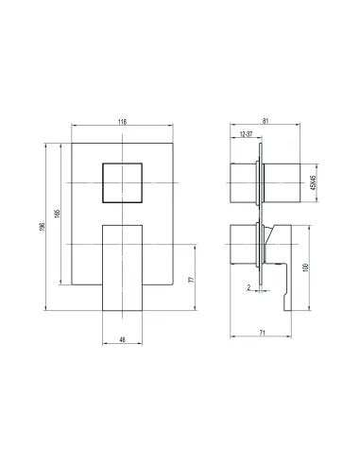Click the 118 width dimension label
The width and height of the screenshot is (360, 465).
pyautogui.click(x=122, y=122)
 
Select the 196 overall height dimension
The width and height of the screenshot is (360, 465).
pyautogui.click(x=43, y=227)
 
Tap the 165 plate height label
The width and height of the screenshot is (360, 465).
pyautogui.click(x=57, y=214)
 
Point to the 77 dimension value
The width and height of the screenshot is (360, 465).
pyautogui.click(x=191, y=280)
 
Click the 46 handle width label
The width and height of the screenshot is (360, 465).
pyautogui.click(x=123, y=339)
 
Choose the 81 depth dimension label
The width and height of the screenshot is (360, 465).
pyautogui.click(x=266, y=121)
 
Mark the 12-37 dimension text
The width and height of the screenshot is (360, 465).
pyautogui.click(x=246, y=134)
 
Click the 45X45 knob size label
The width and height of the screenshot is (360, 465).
pyautogui.click(x=313, y=182)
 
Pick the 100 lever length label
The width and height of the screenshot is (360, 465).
pyautogui.click(x=305, y=267)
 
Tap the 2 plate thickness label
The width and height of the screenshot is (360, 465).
pyautogui.click(x=249, y=287)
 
